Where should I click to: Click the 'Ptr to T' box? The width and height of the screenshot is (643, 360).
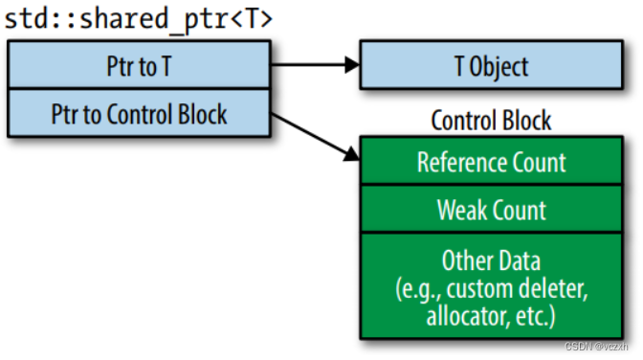[x=139, y=67]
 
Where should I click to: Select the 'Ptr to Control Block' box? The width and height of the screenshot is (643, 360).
[x=139, y=115]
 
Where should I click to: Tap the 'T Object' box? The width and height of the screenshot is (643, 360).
[x=490, y=67]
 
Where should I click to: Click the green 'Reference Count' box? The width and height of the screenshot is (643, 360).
[x=490, y=162]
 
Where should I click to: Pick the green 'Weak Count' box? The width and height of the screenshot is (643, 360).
[x=490, y=210]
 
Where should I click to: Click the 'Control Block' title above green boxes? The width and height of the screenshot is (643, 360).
[x=491, y=121]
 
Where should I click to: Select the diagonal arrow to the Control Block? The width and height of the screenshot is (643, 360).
[x=316, y=135]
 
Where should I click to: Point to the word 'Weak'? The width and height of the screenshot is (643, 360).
[x=462, y=210]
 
